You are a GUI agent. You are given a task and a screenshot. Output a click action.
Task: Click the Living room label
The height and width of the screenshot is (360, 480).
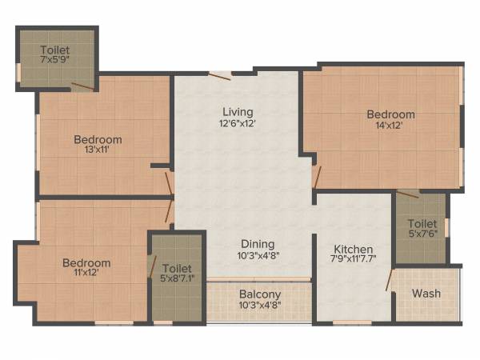pos(238,111)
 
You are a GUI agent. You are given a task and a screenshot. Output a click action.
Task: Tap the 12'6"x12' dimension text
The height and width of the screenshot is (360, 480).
pos(238,123)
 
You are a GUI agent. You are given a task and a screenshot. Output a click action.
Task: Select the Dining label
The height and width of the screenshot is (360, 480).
pos(258,244)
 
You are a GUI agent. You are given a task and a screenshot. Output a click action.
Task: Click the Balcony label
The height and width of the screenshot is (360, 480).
pos(259,294)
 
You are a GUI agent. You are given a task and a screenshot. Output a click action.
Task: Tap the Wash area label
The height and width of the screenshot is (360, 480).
pos(426,294)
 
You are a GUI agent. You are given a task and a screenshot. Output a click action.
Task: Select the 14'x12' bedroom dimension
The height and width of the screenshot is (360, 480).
pos(390,125)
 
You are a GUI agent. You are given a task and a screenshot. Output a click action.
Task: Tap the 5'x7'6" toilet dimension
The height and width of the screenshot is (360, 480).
pos(422,234)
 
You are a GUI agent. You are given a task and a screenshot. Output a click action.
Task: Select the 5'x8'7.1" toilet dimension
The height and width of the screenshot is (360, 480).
pos(178,279)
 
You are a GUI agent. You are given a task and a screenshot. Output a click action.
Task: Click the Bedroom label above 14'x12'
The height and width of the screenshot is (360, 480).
pos(390,114)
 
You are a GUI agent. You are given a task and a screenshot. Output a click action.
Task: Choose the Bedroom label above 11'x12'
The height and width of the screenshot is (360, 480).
pos(86,263)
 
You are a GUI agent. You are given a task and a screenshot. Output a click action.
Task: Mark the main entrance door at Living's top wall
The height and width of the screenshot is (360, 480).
pos(220,76)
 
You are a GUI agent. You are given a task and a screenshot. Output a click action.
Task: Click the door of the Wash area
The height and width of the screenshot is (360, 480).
pos(390,280)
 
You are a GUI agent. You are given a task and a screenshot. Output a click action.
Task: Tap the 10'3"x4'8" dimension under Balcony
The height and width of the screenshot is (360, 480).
pos(259,305)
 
